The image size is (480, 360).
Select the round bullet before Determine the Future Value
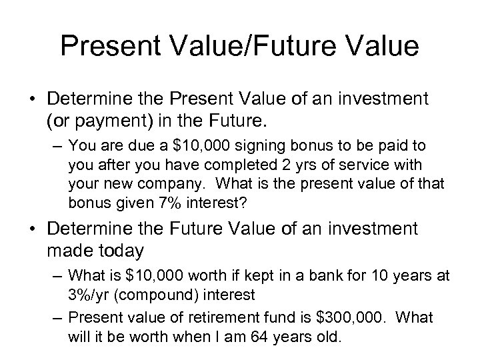coord(33,230)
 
